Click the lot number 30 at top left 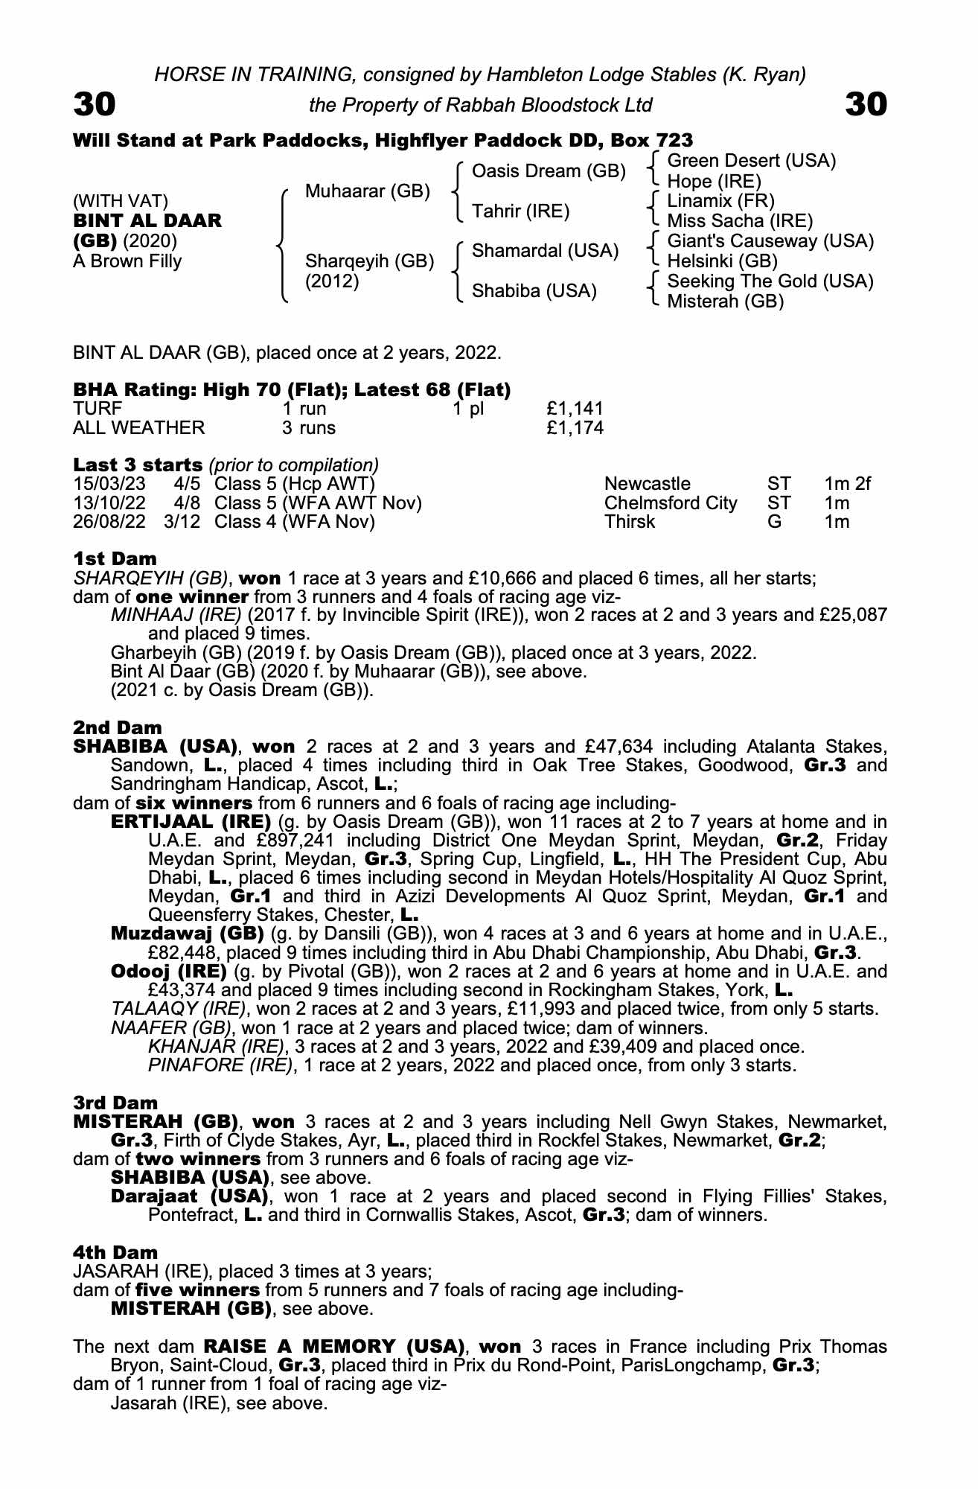tap(95, 105)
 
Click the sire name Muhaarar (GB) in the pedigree tap(368, 191)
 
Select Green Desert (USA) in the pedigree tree tap(752, 161)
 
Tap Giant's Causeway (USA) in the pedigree tap(770, 241)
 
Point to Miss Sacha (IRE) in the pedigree tap(740, 221)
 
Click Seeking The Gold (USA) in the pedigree tap(770, 281)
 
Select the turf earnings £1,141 tap(575, 409)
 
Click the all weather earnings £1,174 tap(575, 428)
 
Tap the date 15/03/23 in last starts tap(109, 485)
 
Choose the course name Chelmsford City tap(671, 503)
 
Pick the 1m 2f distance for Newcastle tap(847, 485)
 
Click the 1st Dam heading tap(115, 558)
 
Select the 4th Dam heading tap(115, 1253)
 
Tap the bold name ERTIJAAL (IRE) tap(191, 822)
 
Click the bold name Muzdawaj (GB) tap(187, 934)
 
